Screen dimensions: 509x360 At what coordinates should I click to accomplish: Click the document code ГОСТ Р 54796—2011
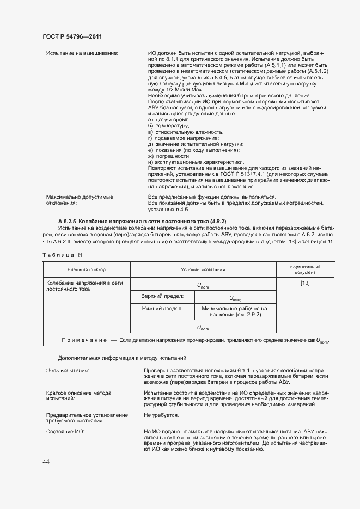coord(72,36)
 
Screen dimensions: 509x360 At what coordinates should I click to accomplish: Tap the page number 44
coord(46,462)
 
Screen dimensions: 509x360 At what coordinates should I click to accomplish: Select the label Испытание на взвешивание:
coord(82,53)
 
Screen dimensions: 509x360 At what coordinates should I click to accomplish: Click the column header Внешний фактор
coord(87,269)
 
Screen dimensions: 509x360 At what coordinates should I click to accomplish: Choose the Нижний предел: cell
coord(157,309)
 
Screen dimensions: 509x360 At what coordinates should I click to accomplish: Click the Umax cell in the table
coord(235,298)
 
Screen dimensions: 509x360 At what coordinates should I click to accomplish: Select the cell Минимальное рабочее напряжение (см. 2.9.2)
coord(235,311)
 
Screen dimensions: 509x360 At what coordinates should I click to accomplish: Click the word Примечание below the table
coord(84,340)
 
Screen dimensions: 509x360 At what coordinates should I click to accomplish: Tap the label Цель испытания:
coord(68,370)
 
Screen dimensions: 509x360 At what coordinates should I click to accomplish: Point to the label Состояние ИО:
coord(66,431)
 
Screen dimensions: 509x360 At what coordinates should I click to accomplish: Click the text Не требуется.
coord(161,415)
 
